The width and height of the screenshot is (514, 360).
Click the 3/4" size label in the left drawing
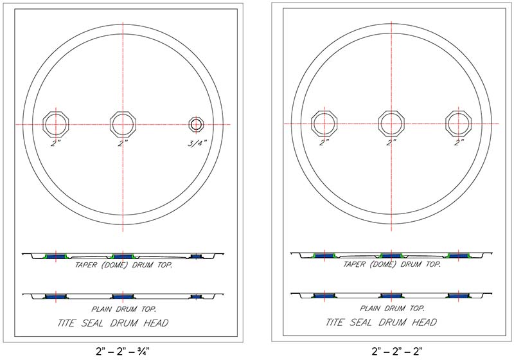point(197,143)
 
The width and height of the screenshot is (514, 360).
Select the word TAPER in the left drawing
point(85,265)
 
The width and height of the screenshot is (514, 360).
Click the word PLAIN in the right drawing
point(371,309)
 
